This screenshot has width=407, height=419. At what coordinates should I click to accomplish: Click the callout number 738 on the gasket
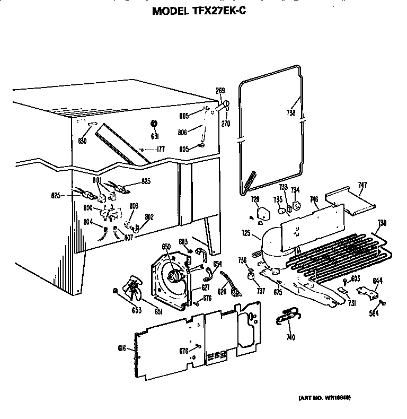290,112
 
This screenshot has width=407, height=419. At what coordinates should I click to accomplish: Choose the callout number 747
362,186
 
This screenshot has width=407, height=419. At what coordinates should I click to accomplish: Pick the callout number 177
161,149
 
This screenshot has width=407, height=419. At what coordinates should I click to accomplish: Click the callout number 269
219,91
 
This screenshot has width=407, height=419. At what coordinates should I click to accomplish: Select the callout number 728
255,199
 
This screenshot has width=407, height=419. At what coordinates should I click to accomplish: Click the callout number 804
88,222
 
